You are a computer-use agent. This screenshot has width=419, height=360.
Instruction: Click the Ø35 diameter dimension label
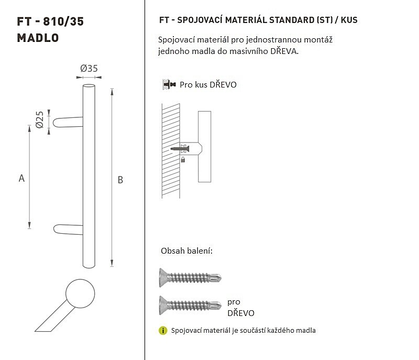(89, 69)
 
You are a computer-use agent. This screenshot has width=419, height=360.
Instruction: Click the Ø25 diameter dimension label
(40, 119)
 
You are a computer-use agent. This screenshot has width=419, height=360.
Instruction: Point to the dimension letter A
(21, 178)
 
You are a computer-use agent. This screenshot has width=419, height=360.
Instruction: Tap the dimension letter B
(120, 180)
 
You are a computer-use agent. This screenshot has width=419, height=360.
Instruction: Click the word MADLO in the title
(38, 38)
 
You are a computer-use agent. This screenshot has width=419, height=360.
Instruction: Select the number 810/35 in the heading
(63, 21)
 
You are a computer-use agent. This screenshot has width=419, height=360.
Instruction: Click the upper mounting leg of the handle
(68, 122)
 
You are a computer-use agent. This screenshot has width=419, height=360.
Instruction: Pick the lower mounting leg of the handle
(68, 230)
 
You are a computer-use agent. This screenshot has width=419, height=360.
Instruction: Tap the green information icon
(163, 331)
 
